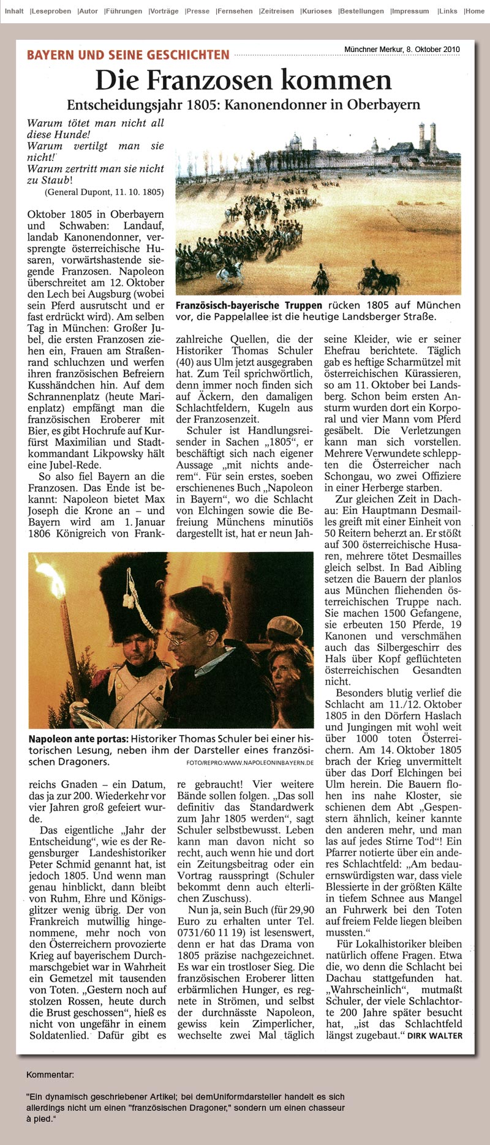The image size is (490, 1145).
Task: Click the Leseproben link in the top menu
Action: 50,11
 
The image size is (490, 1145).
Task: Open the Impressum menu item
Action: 410,11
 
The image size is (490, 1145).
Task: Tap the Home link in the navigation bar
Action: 475,11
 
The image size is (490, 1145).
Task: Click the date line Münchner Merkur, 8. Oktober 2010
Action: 402,50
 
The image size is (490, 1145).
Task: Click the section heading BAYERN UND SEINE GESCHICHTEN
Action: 128,55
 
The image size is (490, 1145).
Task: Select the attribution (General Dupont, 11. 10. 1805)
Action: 104,192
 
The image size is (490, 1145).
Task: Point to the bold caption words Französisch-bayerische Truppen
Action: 249,305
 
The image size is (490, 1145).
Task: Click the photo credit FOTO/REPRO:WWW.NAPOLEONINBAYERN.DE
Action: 250,763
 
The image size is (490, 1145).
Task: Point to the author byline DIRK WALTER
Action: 435,1035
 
